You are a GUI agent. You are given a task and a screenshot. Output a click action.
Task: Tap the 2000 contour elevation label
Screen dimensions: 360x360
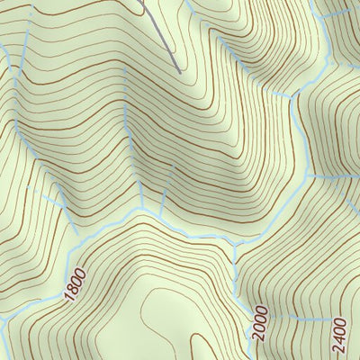(x=260, y=321)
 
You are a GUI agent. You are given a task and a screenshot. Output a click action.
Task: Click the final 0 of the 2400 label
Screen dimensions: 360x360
(x=339, y=319)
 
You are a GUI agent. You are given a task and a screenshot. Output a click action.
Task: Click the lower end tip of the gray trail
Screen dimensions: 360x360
(x=179, y=70)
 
